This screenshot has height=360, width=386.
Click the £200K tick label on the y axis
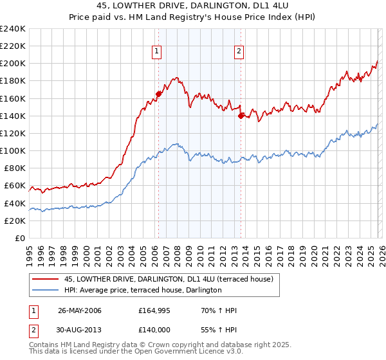tap(13, 64)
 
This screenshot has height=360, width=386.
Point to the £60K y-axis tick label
tap(15, 186)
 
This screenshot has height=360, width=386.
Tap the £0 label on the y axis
tap(21, 238)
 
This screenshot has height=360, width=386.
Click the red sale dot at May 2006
tap(158, 93)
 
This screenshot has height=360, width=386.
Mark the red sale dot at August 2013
tap(241, 116)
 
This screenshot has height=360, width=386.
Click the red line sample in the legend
tap(46, 279)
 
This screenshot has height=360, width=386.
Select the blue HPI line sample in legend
tap(46, 290)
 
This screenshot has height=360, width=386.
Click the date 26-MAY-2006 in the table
tap(80, 310)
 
